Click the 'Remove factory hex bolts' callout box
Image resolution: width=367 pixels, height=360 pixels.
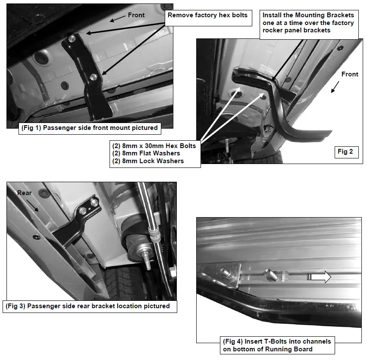(x=207, y=16)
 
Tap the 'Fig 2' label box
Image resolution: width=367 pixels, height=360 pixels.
(x=345, y=152)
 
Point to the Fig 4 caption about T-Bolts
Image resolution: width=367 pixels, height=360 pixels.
(x=277, y=345)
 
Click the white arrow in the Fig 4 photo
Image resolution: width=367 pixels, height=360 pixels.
(x=319, y=277)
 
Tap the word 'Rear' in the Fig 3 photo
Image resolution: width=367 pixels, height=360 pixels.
(x=25, y=193)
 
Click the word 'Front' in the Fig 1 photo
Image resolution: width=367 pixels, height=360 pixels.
(x=136, y=15)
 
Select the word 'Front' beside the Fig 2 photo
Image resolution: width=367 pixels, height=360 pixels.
(x=349, y=74)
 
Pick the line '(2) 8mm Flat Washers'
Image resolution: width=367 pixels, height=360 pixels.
(x=146, y=153)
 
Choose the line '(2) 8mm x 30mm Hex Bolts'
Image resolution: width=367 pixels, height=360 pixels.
(x=154, y=145)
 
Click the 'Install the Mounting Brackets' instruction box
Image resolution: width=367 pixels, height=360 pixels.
(x=308, y=22)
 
